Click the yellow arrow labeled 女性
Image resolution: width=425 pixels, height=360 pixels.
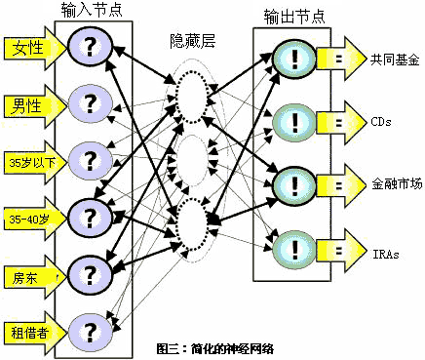(x=34, y=48)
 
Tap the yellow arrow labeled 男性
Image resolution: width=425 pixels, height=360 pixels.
(x=34, y=106)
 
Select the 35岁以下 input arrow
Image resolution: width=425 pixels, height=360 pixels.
(x=34, y=162)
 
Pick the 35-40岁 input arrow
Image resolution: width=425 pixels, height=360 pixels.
(x=34, y=219)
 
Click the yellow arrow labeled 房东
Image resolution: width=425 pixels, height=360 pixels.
(x=34, y=277)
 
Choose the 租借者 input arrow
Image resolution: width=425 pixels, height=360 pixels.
(x=34, y=333)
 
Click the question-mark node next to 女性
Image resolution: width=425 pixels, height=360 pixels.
(x=90, y=48)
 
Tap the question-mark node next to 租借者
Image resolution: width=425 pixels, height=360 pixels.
(x=90, y=333)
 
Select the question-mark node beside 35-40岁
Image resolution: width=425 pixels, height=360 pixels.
(x=90, y=219)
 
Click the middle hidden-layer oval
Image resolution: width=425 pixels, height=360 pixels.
(x=192, y=160)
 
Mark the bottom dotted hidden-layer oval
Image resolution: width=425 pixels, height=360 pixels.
(x=192, y=225)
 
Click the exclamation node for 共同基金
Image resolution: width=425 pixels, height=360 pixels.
(x=294, y=59)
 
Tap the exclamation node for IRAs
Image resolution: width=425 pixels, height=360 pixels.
(x=294, y=250)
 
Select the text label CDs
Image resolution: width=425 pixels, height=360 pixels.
(x=381, y=122)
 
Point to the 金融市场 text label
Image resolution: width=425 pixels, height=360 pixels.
(x=397, y=184)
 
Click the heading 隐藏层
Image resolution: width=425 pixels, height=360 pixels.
(x=193, y=42)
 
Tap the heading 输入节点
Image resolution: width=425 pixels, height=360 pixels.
(x=92, y=10)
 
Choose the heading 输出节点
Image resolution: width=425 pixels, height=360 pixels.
(x=294, y=17)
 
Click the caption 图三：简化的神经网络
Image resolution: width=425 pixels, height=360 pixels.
(x=215, y=349)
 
